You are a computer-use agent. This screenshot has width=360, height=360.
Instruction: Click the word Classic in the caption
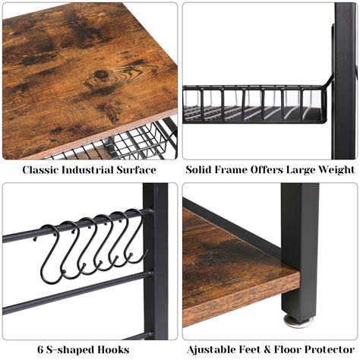41,169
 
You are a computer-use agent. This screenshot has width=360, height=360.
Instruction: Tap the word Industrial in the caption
88,169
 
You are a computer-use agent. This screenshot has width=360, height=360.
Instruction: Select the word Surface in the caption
136,169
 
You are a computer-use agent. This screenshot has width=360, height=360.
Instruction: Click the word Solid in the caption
201,169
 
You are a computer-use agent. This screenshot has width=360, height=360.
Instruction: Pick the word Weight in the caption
335,169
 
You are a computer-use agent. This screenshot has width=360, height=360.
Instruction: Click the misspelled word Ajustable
210,349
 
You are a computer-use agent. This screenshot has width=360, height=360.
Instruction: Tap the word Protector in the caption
331,349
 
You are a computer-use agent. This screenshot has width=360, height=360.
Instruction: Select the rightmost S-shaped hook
135,237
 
